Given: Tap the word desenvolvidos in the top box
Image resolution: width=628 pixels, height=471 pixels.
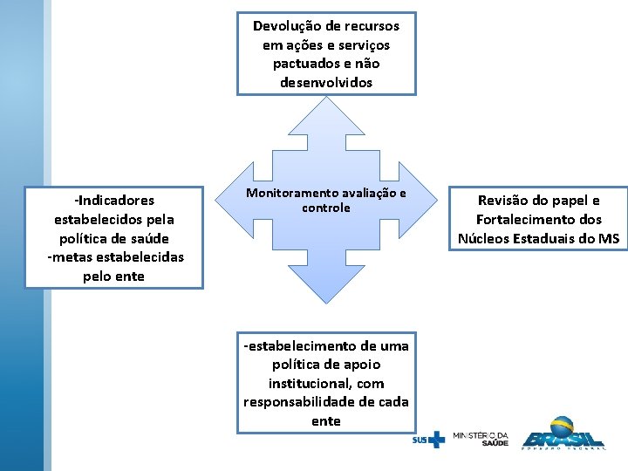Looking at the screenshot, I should click(326, 83).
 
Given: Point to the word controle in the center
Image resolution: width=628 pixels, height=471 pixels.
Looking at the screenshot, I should click(326, 208).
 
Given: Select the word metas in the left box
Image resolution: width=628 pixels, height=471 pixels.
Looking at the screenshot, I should click(68, 257).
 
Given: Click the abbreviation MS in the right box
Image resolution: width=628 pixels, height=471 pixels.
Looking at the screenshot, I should click(609, 239).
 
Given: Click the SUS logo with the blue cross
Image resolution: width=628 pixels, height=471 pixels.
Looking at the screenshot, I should click(428, 440).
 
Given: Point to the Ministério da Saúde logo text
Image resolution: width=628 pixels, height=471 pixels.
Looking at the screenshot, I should click(481, 438).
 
